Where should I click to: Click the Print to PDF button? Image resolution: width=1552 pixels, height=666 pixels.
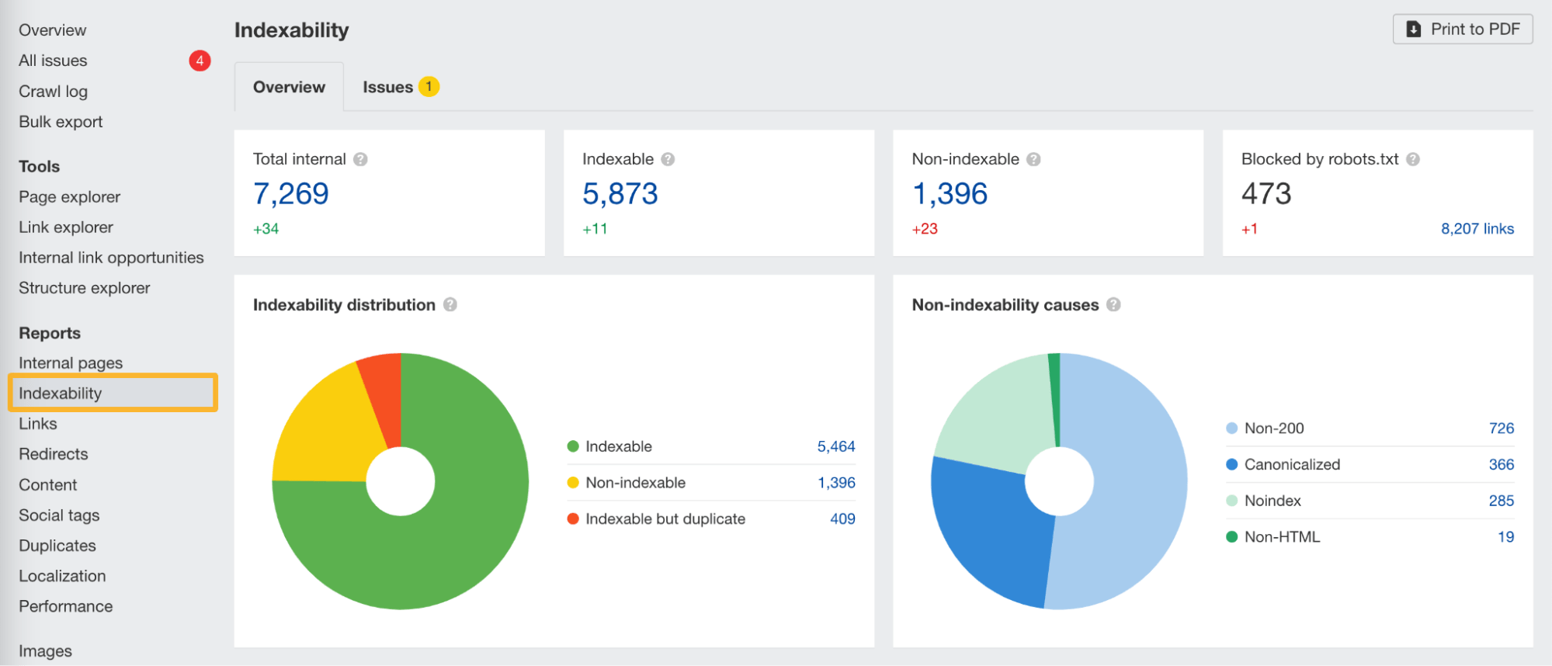[1462, 29]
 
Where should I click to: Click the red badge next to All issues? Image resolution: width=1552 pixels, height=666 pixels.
[200, 61]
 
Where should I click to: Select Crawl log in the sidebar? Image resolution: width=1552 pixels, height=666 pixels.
[53, 92]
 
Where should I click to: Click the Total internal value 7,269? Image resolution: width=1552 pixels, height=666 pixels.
[291, 194]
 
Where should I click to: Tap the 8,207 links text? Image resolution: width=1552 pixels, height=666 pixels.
[1477, 229]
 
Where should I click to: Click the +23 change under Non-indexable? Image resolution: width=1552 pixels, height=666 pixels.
[925, 229]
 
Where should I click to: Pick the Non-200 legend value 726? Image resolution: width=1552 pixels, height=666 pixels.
[1501, 428]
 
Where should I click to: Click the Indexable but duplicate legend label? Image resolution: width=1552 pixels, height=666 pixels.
[665, 519]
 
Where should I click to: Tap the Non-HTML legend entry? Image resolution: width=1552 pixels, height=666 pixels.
[1281, 537]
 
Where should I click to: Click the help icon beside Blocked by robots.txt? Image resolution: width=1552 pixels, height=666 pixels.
[1413, 159]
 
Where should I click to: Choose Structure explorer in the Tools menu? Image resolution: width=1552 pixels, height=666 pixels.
[84, 288]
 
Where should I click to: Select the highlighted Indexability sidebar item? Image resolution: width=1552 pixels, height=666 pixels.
[61, 394]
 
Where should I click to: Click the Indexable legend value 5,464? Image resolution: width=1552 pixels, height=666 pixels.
[835, 446]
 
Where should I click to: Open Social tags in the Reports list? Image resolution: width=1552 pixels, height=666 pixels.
[59, 515]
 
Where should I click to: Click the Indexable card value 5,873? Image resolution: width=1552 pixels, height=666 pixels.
[620, 194]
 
